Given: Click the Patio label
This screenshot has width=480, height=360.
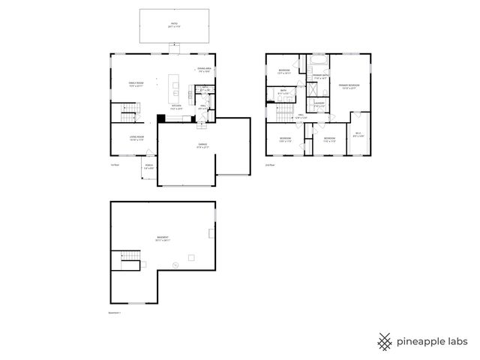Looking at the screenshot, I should click(174, 25).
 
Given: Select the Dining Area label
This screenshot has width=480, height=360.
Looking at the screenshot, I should click(202, 70).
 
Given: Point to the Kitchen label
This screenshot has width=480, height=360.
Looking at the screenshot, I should click(176, 107).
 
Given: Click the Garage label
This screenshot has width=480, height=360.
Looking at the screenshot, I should click(202, 145).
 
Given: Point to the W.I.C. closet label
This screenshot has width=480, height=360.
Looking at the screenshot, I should click(358, 135).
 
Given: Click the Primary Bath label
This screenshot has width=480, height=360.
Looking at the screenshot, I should click(319, 76).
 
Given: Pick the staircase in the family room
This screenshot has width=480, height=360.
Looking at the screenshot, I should click(130, 112).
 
